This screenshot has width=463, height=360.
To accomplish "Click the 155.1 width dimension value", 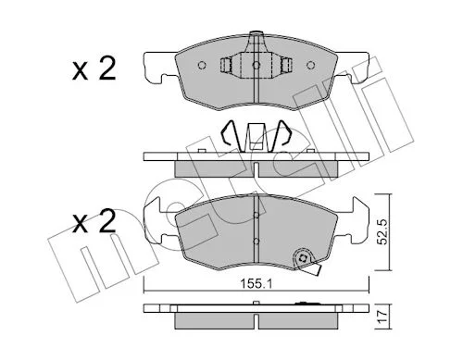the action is click(257, 284).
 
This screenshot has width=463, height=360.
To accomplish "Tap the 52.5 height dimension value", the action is click(382, 232).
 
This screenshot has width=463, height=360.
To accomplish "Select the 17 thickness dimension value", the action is click(382, 317).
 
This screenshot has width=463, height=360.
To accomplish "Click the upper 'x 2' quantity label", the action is click(94, 69).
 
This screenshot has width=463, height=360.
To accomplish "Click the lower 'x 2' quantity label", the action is click(94, 221).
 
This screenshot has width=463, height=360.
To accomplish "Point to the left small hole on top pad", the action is click(202, 65).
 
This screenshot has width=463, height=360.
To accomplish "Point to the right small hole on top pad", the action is click(310, 65).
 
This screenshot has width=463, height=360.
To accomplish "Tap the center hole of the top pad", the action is click(257, 65).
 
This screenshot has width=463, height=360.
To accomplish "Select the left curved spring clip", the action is click(229, 132).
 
